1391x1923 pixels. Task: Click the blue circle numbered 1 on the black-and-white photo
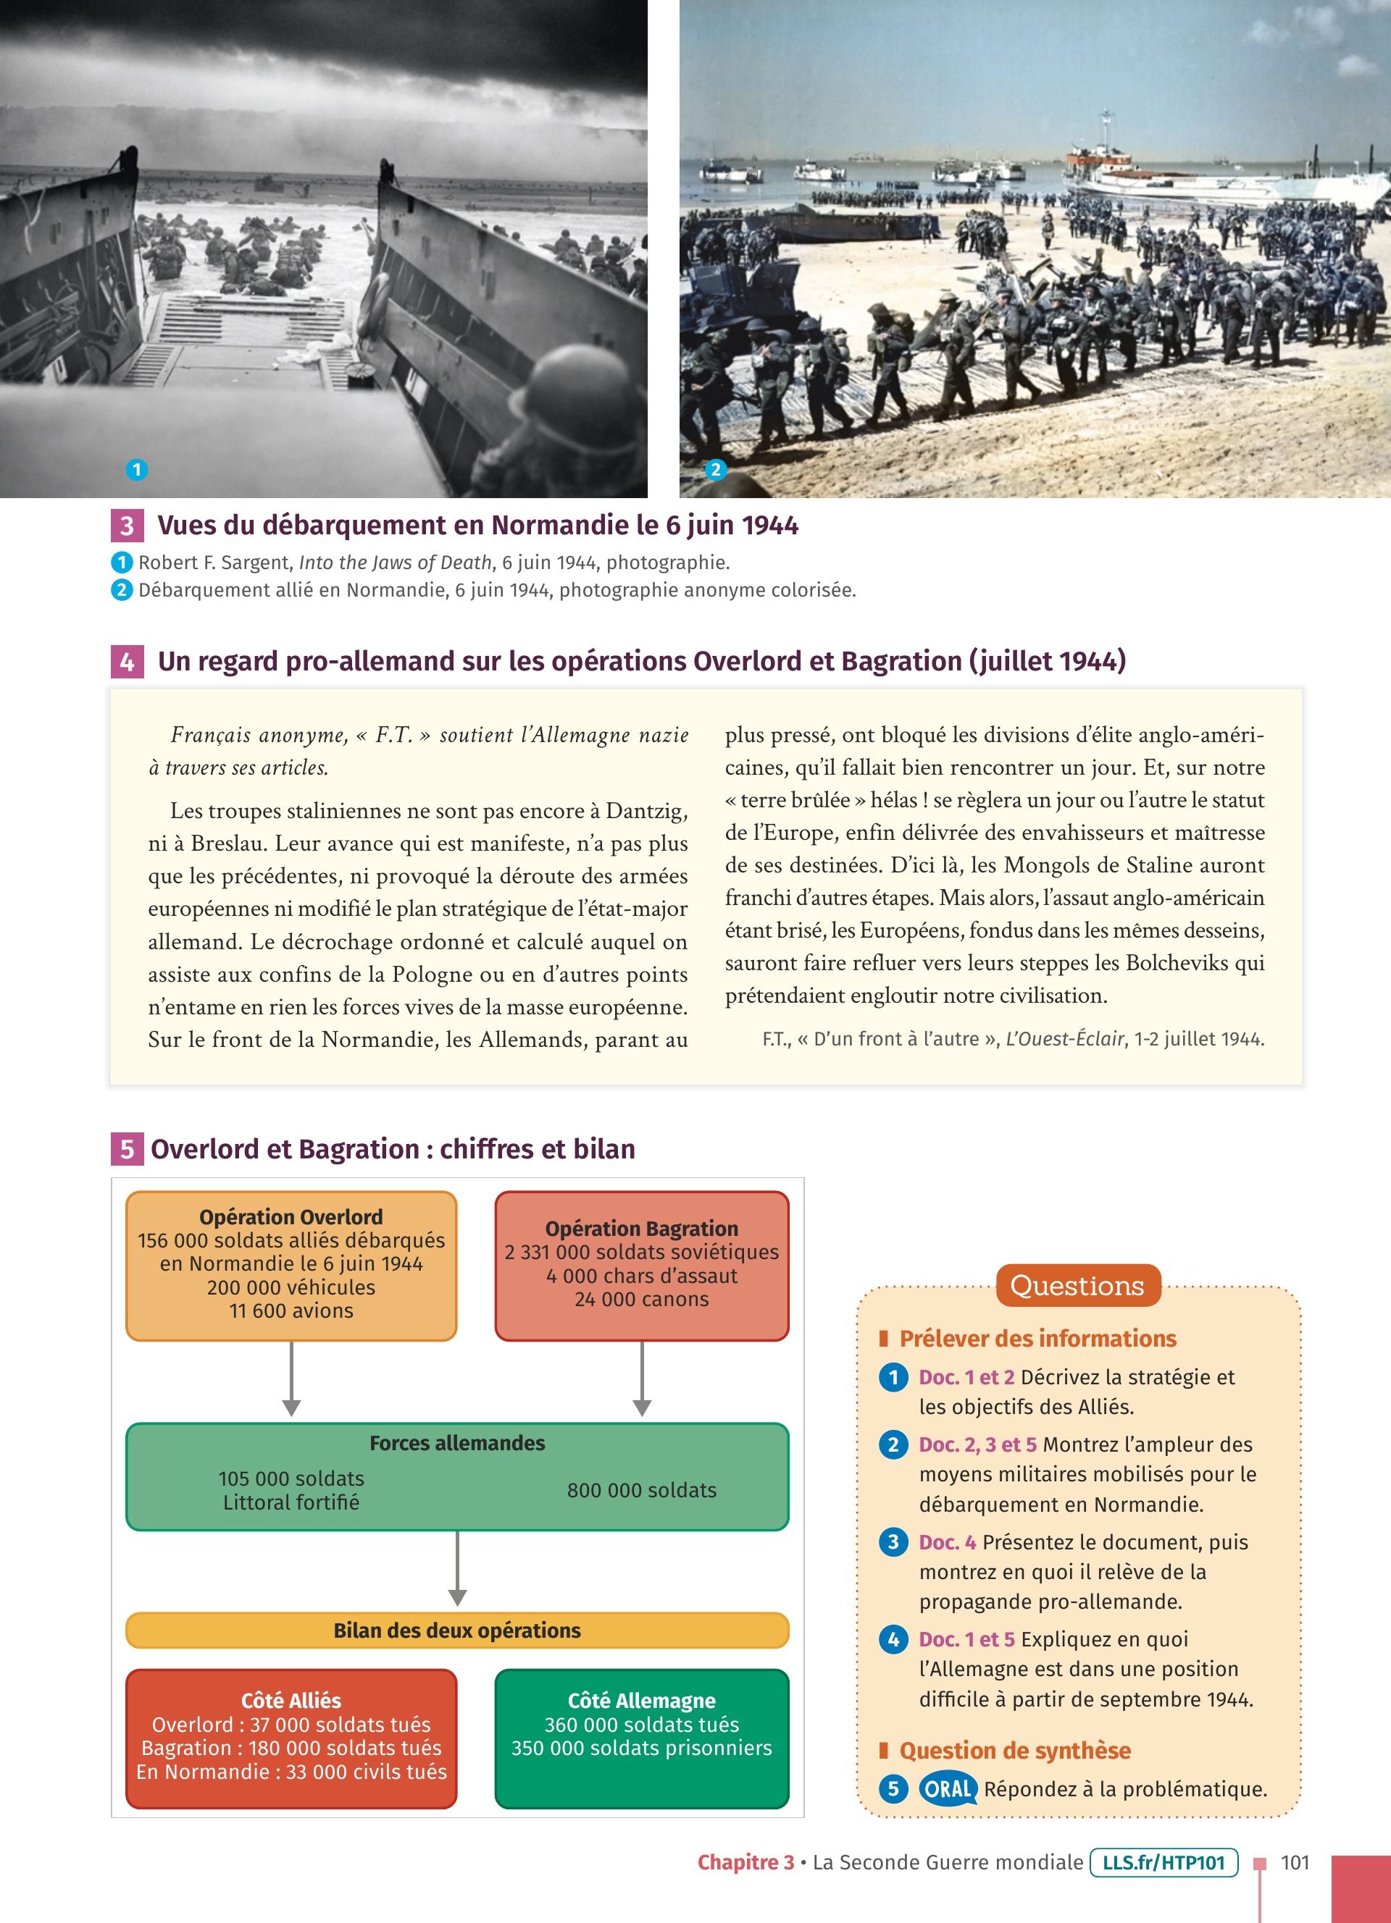coord(136,470)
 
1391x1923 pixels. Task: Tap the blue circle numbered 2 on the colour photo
coord(716,470)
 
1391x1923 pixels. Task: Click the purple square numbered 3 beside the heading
coord(126,526)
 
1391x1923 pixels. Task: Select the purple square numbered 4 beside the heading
coord(126,661)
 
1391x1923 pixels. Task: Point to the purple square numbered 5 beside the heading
coord(126,1149)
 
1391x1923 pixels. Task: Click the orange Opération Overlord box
coord(291,1265)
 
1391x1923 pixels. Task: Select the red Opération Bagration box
coord(641,1265)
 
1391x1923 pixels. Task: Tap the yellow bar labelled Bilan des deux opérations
coord(457,1630)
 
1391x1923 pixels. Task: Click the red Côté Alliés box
coord(291,1738)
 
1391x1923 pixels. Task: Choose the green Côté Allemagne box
coord(641,1738)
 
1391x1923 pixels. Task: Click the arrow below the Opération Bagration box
coord(642,1379)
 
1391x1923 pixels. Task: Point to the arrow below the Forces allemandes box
coord(457,1568)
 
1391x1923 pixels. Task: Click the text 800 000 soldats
coord(641,1490)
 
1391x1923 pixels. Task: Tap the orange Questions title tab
coord(1077,1285)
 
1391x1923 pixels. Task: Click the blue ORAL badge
coord(948,1789)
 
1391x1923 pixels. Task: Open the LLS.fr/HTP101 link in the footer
coord(1164,1862)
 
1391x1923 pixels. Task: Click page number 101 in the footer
coord(1295,1862)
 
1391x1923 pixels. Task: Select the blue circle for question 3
coord(893,1541)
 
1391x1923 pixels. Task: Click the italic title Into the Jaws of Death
coord(396,562)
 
